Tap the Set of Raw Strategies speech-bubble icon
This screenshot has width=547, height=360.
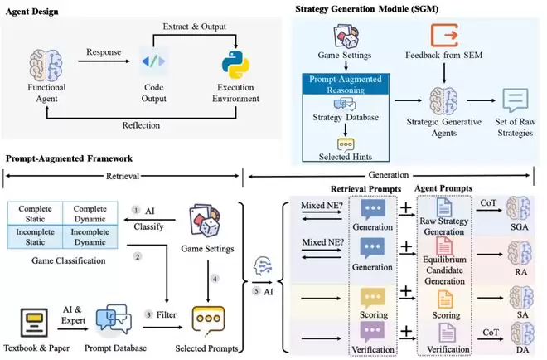[x=516, y=101]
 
